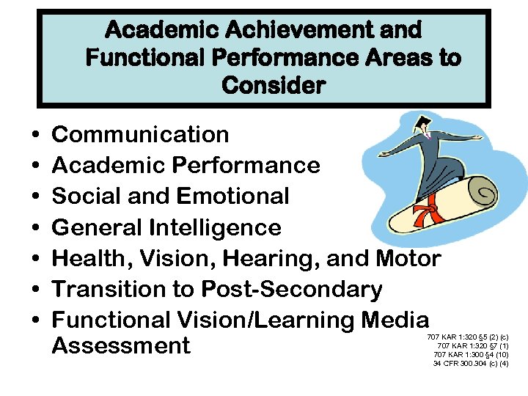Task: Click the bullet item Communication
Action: [140, 135]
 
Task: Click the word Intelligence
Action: [215, 227]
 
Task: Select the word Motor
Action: [408, 258]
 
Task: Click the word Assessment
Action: [121, 345]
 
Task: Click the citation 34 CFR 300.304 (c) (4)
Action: [470, 363]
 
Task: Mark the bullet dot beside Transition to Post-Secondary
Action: [35, 291]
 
